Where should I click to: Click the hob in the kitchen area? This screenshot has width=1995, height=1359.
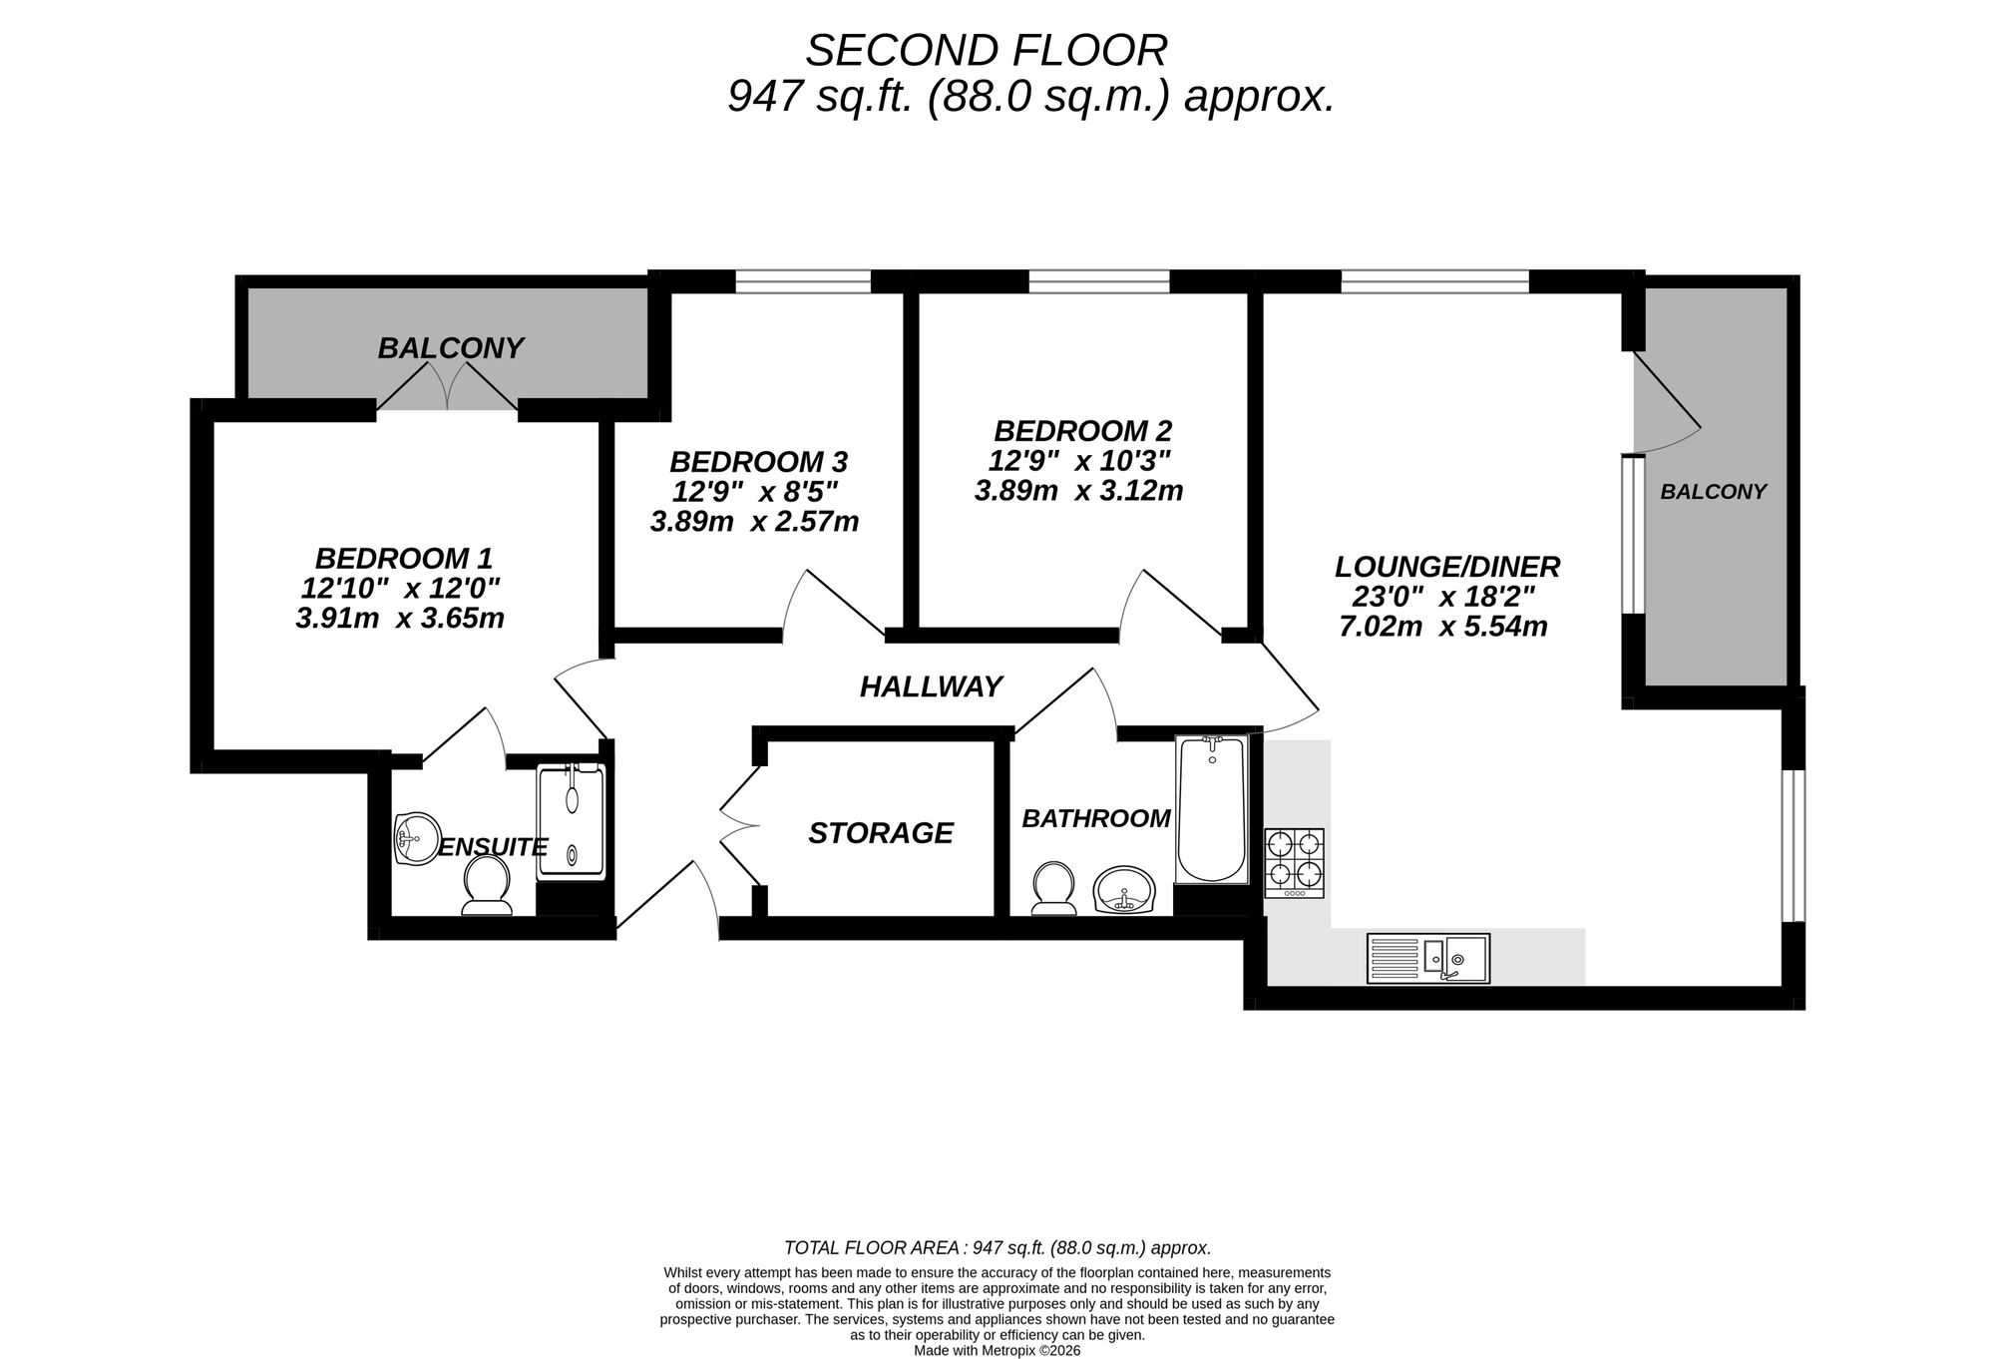coord(1295,862)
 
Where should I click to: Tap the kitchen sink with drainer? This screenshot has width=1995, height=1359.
coord(1428,958)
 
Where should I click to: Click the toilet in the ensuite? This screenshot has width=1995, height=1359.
coord(487,886)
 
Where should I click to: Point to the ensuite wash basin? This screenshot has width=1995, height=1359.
coord(417,839)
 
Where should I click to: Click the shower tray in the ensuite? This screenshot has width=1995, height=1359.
coord(572,821)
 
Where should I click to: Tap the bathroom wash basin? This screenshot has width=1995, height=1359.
coord(1124,889)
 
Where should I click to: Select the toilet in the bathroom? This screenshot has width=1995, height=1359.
coord(1053,888)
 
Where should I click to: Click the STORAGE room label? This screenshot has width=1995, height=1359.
coord(880,833)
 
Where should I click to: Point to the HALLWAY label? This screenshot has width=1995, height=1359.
coord(931,686)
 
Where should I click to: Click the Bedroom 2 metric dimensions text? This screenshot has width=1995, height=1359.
coord(1078,491)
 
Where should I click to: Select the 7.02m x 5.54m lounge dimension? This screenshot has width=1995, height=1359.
coord(1442,627)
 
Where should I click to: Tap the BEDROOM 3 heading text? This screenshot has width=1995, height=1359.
coord(758,462)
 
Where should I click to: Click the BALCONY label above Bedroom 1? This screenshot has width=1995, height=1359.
coord(450,348)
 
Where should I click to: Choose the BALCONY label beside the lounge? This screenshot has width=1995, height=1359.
coord(1713,491)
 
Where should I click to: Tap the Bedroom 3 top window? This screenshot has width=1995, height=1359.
coord(803,282)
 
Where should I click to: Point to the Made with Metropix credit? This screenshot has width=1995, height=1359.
coord(997,1350)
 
